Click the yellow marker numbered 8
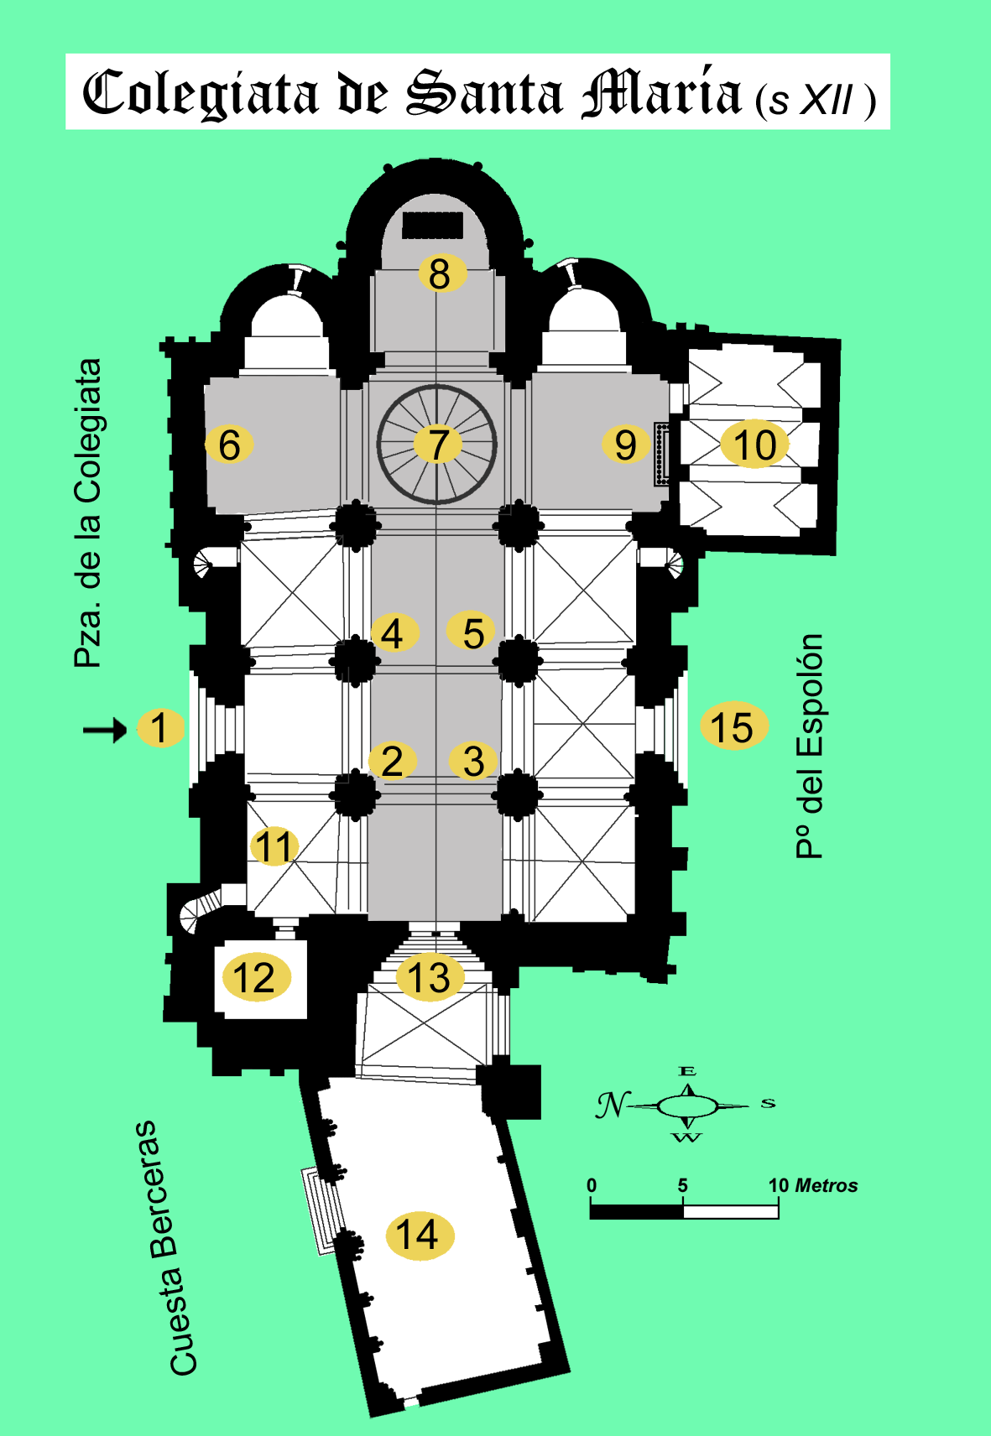coord(440,273)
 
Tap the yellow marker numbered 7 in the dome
coord(437,445)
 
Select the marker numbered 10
coord(755,445)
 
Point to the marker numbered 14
coord(419,1235)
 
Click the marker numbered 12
coord(255,977)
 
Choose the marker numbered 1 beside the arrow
coord(159,727)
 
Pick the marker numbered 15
coord(733,727)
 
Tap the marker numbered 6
coord(229,445)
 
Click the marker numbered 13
coord(429,977)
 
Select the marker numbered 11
coord(274,846)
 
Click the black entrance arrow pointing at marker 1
coord(104,730)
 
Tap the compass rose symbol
coord(688,1106)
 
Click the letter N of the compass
coord(612,1105)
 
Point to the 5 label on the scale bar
coord(682,1185)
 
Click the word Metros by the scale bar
coord(826,1185)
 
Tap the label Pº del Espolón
coord(810,746)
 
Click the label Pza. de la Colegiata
coord(88,513)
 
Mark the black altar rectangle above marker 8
coord(432,225)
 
